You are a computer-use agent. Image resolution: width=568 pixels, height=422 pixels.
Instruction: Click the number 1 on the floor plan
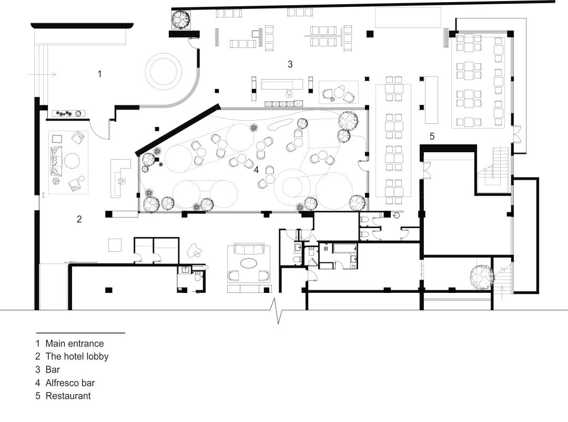(99, 74)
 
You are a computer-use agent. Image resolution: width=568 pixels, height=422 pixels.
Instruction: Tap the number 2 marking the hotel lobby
(79, 219)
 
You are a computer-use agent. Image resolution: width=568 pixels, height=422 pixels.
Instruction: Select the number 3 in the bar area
(290, 64)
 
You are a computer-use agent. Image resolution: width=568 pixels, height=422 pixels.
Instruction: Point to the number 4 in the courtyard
(257, 170)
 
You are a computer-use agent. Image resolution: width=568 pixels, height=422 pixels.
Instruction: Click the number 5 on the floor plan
(432, 136)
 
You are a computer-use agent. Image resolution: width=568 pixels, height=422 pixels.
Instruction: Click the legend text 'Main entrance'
(75, 344)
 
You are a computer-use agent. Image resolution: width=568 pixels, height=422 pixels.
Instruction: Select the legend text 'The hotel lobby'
(77, 356)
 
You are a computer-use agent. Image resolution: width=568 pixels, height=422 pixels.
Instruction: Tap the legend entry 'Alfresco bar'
(70, 383)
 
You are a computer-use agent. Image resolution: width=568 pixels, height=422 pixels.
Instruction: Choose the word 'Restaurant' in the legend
(68, 396)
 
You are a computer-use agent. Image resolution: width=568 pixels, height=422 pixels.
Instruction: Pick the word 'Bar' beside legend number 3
(53, 370)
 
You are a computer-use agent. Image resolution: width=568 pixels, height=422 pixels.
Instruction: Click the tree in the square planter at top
(181, 19)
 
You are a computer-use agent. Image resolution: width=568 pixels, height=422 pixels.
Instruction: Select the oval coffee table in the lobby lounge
(248, 263)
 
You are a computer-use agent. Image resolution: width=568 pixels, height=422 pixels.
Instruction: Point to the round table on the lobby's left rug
(72, 161)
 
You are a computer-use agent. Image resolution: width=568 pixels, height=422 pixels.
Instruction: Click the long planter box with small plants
(68, 114)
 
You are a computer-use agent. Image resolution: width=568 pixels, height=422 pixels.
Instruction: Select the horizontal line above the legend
(80, 332)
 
